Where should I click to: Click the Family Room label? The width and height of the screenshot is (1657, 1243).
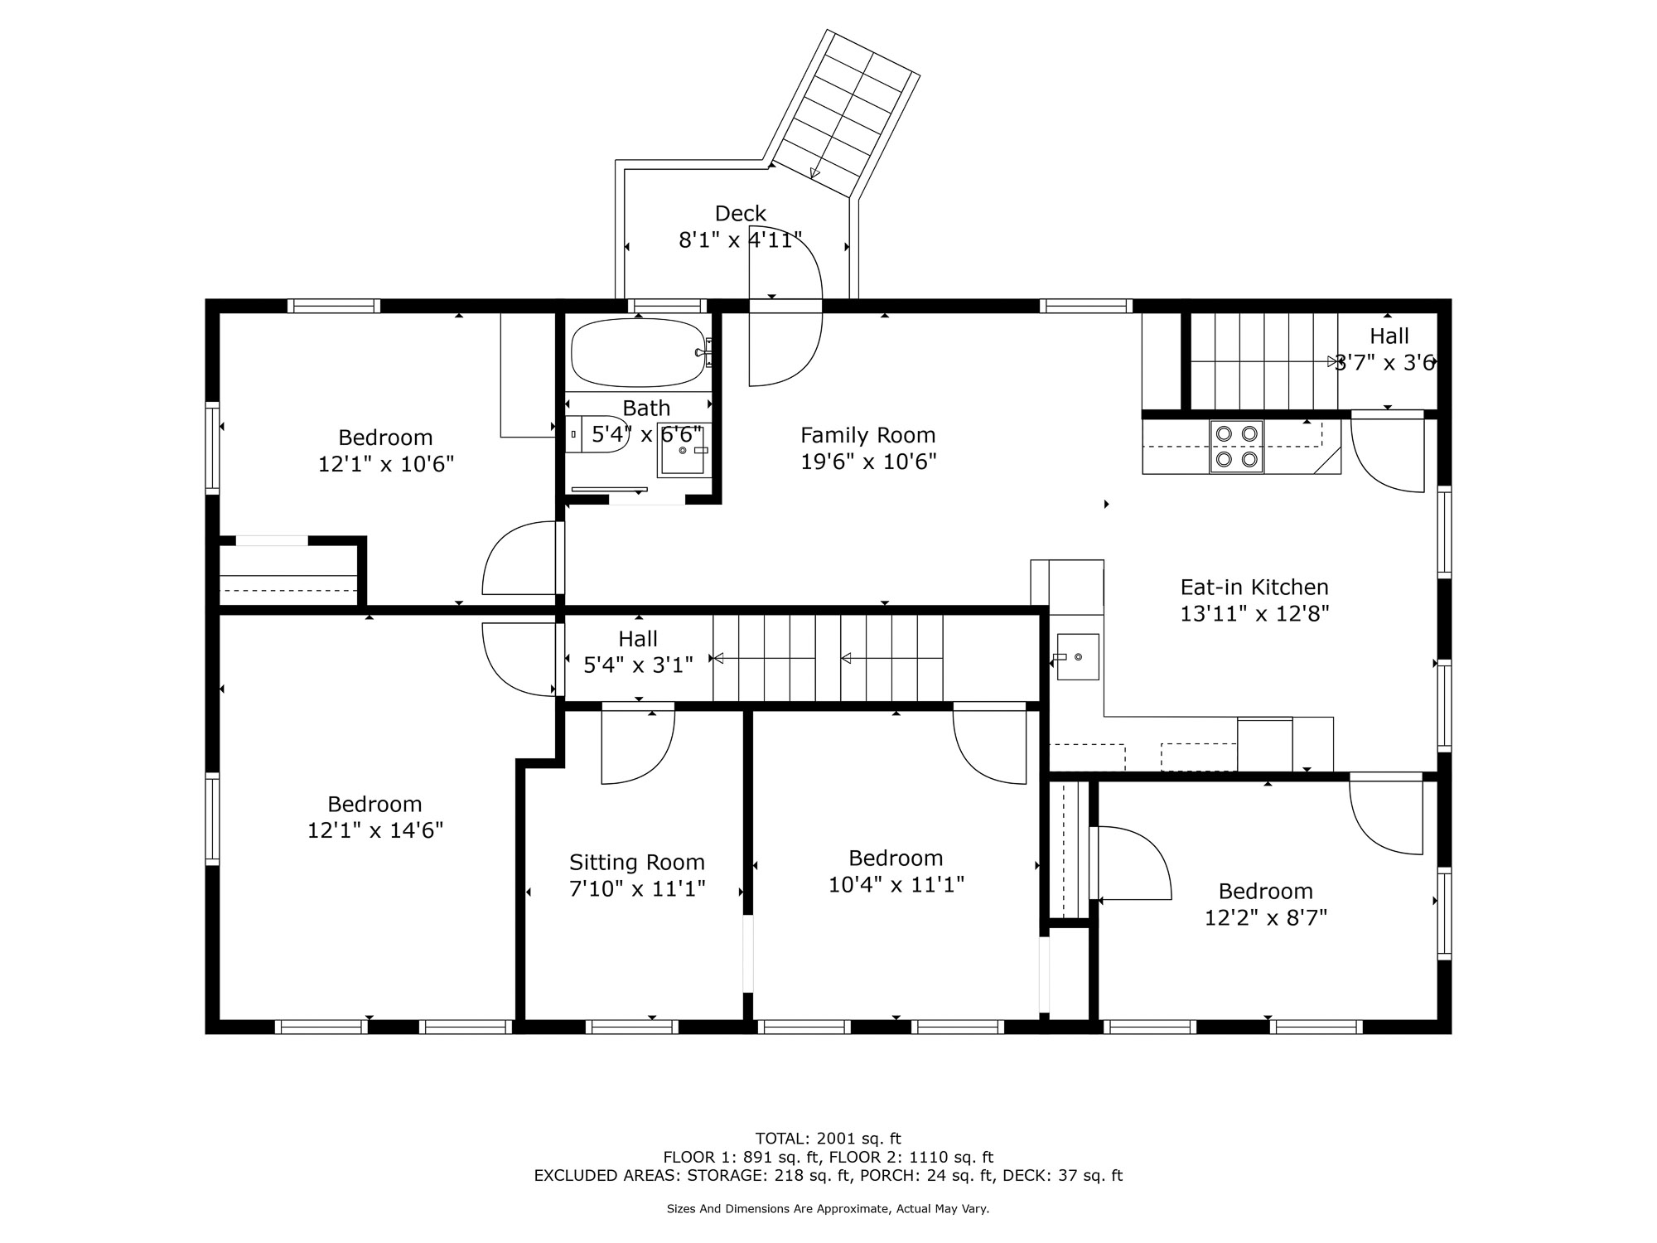coord(868,435)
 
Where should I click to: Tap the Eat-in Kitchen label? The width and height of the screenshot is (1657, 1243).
coord(1254,588)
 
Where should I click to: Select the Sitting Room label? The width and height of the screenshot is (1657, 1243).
coord(637,863)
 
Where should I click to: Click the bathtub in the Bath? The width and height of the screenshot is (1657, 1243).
coord(638,353)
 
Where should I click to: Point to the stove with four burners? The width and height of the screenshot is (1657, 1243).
coord(1236,446)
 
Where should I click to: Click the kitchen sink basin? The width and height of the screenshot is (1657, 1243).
coord(1077,657)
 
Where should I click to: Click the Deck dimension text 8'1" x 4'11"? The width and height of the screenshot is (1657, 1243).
coord(741,240)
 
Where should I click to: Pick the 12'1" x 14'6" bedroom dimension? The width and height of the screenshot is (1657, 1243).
coord(375,830)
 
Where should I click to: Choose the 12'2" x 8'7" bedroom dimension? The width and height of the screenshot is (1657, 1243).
coord(1266,918)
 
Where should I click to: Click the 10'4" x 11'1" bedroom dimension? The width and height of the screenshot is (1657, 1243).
coord(896,885)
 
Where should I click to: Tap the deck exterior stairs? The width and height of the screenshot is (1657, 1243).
coord(841,114)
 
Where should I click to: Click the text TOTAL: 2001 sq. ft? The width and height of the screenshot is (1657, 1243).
coord(828,1139)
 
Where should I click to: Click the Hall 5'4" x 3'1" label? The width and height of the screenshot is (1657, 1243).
coord(638,651)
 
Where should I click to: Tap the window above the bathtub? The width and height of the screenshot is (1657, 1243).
coord(667,306)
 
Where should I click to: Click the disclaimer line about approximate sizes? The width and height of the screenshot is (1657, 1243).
coord(828,1209)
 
